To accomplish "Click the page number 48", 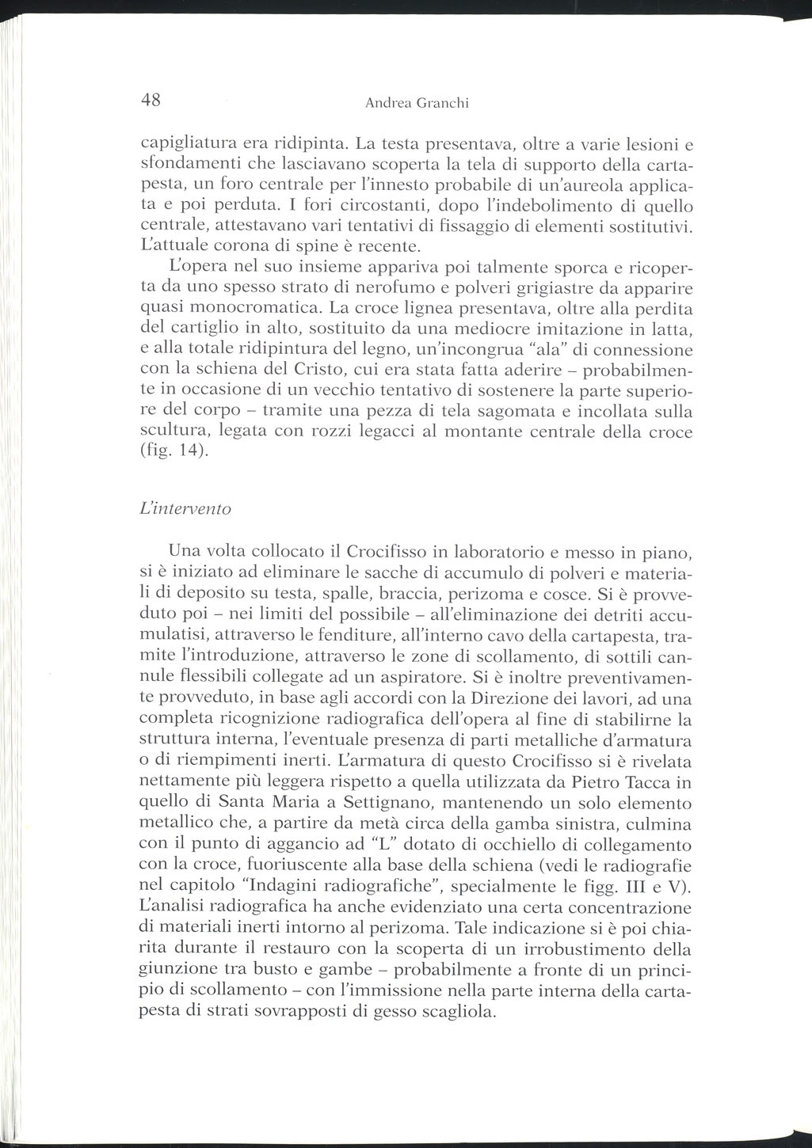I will tap(151, 101).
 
